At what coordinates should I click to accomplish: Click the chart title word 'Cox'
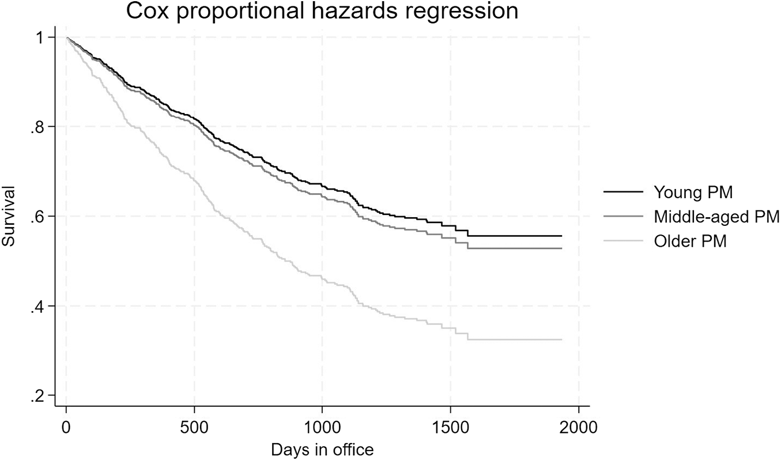[x=145, y=11]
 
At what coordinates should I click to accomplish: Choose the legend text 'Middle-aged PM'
[x=716, y=217]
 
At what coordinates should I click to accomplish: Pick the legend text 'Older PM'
[x=690, y=241]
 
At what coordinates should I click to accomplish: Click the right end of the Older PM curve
[x=561, y=339]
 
